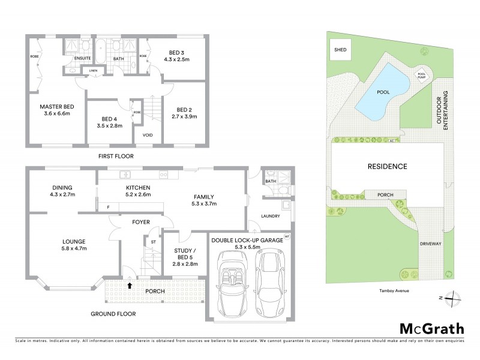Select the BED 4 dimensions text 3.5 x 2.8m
[108, 127]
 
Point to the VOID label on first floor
[148, 135]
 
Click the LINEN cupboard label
[93, 71]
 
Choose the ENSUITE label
[82, 59]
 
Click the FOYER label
[141, 222]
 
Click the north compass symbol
[455, 298]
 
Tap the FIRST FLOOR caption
[116, 156]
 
